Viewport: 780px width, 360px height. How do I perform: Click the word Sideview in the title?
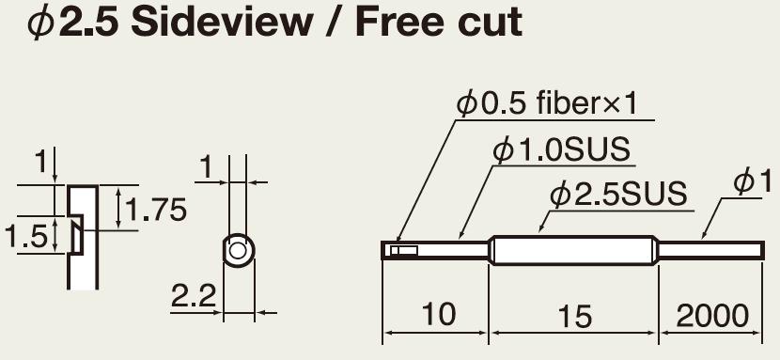(x=221, y=23)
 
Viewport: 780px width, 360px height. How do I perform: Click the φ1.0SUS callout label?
(x=561, y=149)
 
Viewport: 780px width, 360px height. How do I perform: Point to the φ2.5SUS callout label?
(x=618, y=194)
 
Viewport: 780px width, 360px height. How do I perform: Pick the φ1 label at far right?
(x=752, y=181)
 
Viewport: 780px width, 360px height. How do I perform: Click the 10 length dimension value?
(x=438, y=314)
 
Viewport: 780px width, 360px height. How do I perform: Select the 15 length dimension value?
(x=575, y=316)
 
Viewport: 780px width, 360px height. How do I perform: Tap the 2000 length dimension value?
(x=712, y=314)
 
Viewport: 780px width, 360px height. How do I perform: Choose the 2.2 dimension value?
(x=194, y=296)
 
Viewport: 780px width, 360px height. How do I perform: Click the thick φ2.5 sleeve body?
(x=574, y=250)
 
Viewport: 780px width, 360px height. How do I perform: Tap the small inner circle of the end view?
(x=238, y=251)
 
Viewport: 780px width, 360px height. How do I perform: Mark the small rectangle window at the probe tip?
(x=403, y=250)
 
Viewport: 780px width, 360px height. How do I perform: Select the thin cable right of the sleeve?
(x=711, y=250)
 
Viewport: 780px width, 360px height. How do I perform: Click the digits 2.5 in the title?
(x=88, y=23)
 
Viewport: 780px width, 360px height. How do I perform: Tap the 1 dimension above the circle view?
(x=205, y=168)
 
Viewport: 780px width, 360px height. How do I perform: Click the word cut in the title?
(x=490, y=23)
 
